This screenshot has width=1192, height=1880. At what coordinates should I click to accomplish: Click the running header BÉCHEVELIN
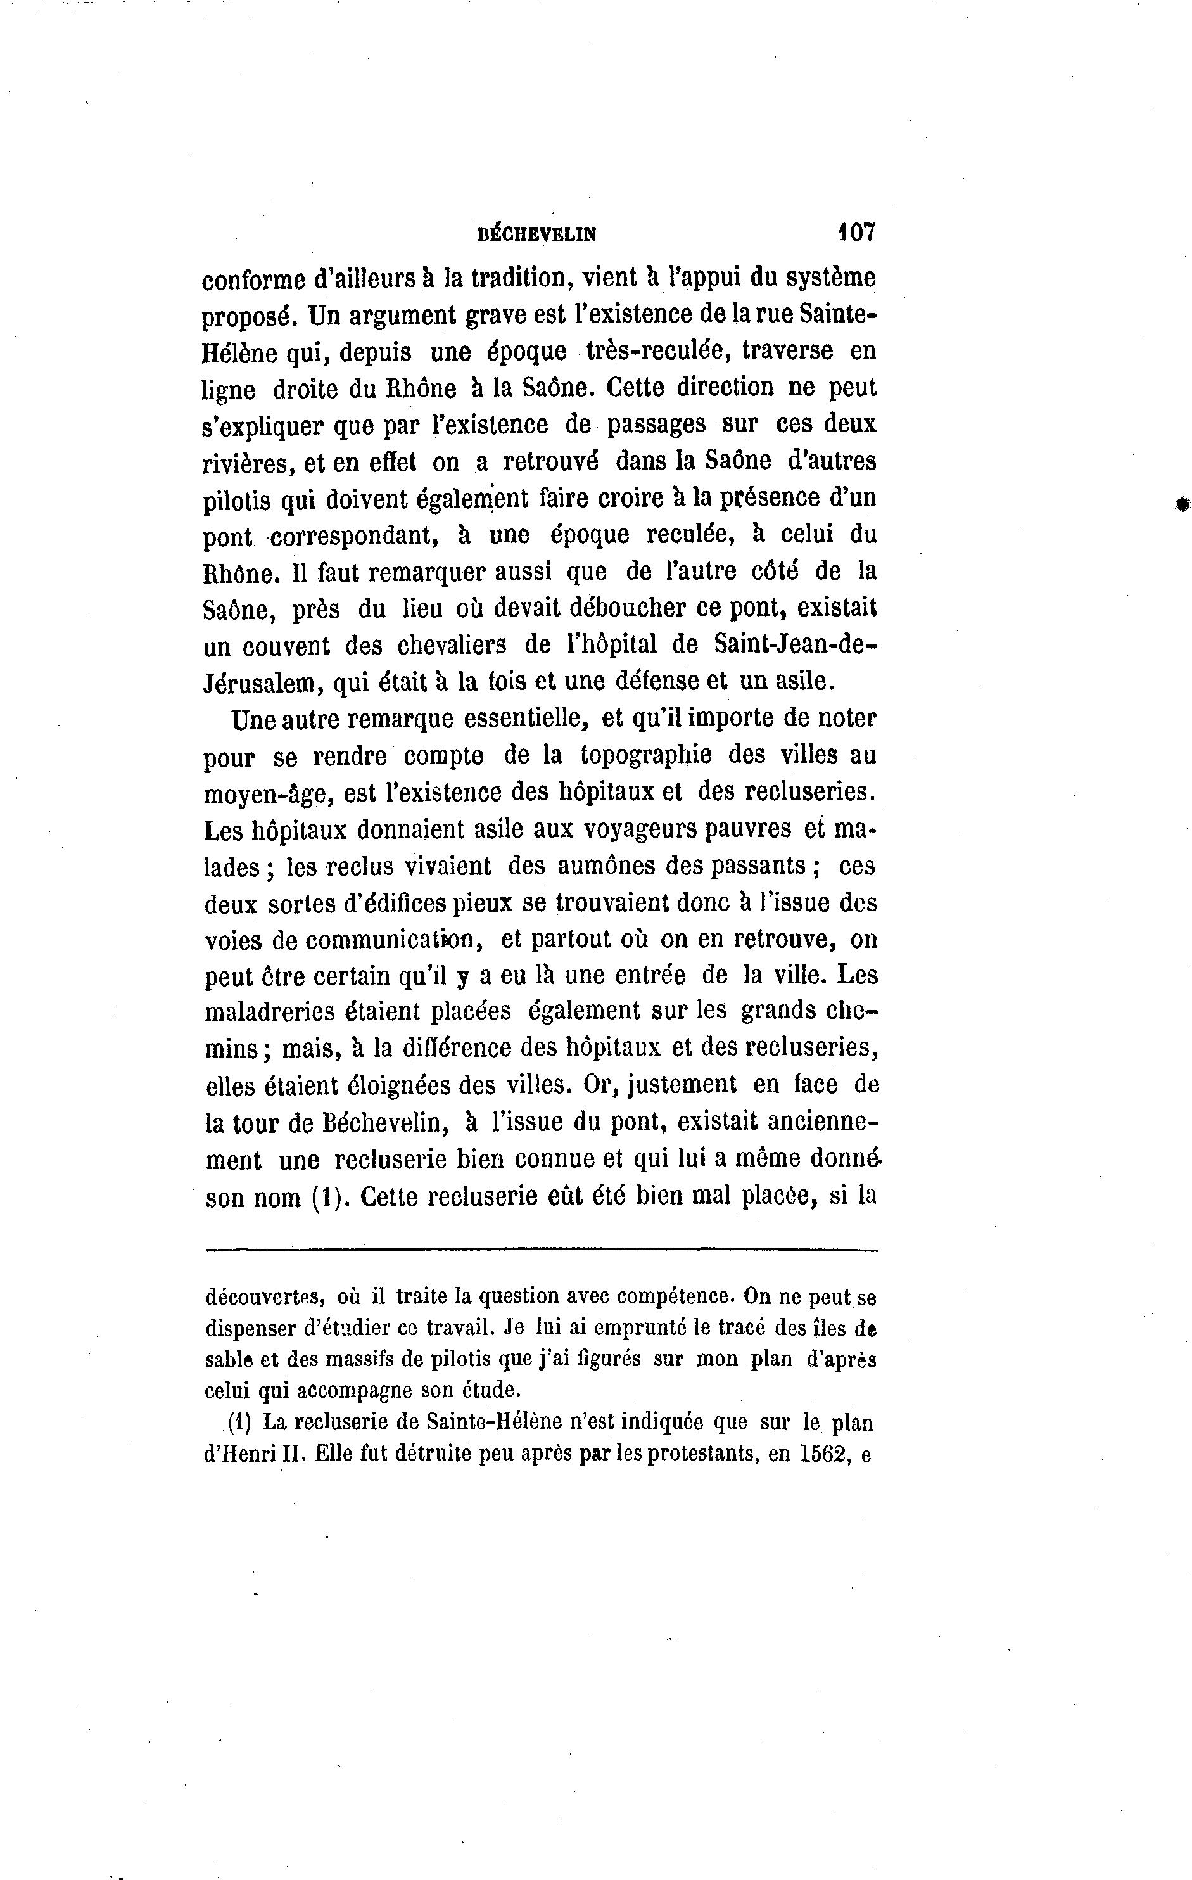[536, 233]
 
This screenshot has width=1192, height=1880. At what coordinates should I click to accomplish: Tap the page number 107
[856, 232]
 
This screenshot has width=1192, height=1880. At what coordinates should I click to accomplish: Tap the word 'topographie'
[645, 755]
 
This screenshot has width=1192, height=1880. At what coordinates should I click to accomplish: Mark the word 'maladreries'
[269, 1013]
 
